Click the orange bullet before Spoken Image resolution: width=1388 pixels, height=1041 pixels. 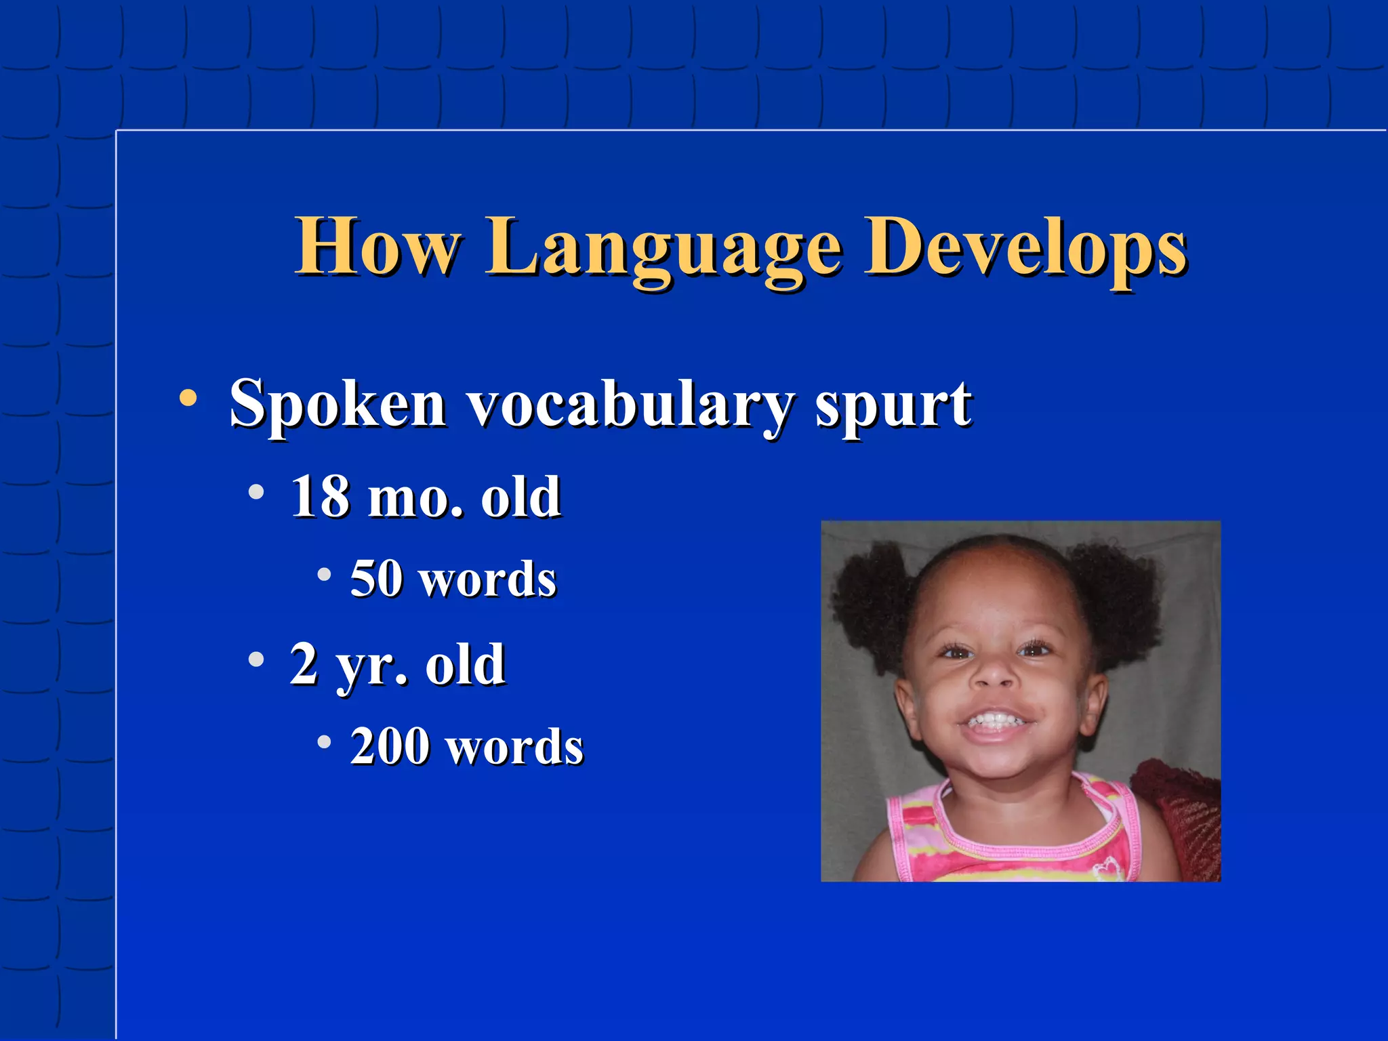188,398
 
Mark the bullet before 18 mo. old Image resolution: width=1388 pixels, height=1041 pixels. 256,492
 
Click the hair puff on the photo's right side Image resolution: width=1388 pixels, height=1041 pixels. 1118,596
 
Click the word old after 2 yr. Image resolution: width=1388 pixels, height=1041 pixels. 465,666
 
